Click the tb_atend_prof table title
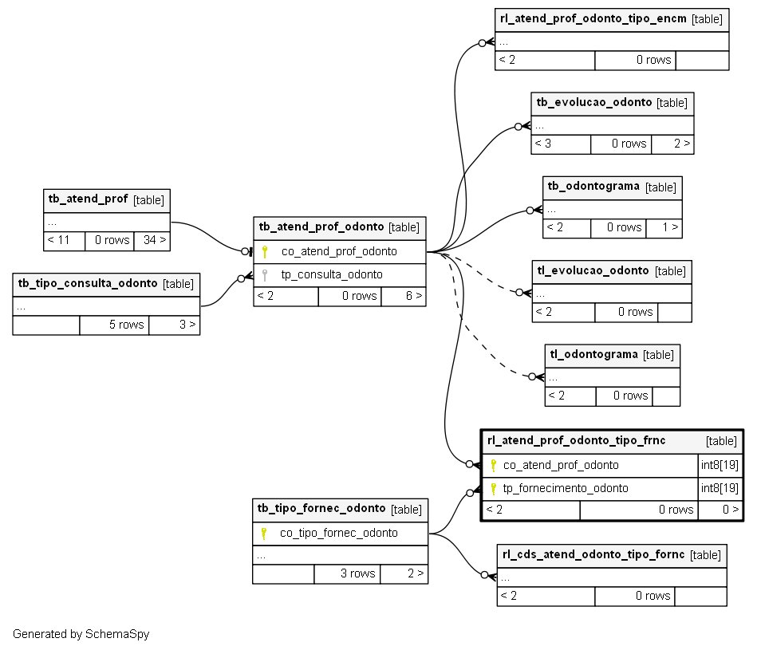tap(88, 199)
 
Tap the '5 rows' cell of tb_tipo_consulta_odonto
tap(114, 325)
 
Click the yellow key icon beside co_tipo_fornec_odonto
tap(263, 534)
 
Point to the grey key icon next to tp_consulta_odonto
tap(265, 275)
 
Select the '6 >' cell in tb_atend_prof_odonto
tap(404, 296)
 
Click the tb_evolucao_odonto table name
tap(594, 102)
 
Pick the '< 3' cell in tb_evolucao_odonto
tap(561, 144)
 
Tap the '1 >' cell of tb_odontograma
tap(664, 228)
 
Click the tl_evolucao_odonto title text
tap(593, 270)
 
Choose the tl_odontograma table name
tap(593, 354)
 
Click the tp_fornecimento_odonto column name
tap(566, 488)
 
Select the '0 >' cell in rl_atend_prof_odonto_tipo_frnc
tap(720, 510)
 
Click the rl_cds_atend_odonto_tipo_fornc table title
tap(593, 554)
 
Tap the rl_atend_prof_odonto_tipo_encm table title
tap(593, 18)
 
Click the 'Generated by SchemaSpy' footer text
tap(81, 634)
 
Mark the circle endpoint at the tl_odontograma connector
tap(532, 377)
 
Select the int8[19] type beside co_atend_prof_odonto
tap(720, 465)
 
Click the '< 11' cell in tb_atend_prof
tap(64, 240)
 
